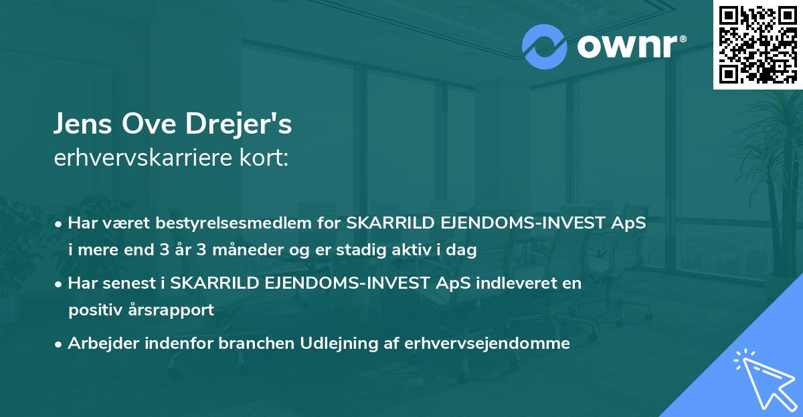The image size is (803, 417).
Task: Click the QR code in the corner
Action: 757,44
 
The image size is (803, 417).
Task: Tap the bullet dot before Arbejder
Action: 60,344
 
